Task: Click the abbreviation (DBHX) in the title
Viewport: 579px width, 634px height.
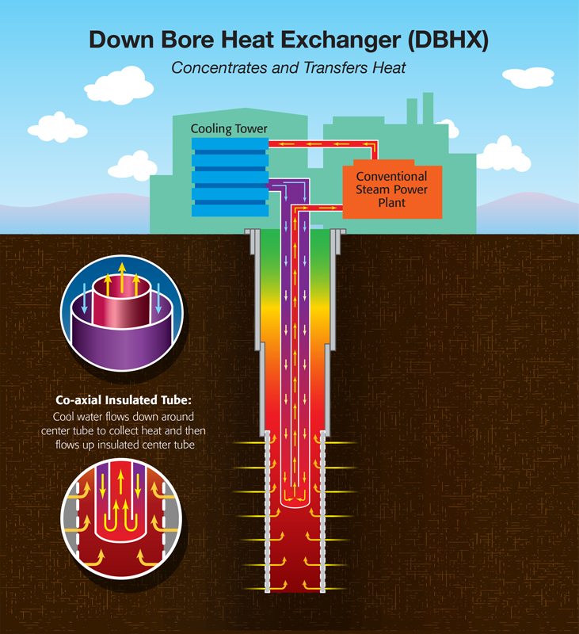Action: coord(448,40)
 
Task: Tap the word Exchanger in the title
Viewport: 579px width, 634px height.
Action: coord(341,40)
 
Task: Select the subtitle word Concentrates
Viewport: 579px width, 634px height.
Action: coord(219,67)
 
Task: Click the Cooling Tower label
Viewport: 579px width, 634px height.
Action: coord(229,128)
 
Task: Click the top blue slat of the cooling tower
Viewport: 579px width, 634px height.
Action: coord(230,144)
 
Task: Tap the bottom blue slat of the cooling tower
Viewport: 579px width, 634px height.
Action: coord(230,210)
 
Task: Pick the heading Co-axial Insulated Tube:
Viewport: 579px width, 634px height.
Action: coord(124,400)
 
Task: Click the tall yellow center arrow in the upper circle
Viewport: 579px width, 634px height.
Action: coord(122,278)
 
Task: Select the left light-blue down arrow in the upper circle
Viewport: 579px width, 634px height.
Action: coord(84,298)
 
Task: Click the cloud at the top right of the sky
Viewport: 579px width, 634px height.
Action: coord(528,78)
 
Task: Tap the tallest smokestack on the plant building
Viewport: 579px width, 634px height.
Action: coord(428,109)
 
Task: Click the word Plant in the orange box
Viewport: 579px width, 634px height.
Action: coord(391,203)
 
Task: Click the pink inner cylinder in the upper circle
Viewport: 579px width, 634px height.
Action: coord(122,301)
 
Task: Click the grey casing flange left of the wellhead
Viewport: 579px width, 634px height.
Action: coord(253,242)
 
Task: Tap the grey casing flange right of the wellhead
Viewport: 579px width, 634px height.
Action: coord(337,242)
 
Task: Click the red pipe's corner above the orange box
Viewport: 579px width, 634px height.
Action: coord(374,144)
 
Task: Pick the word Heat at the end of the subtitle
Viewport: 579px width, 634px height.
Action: coord(389,67)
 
